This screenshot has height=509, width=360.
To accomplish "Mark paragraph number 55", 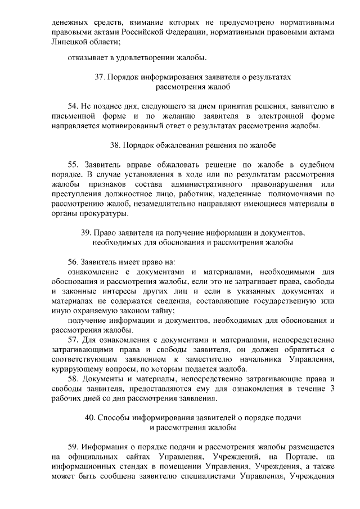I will point(72,165).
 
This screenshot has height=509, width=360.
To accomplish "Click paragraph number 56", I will point(72,262).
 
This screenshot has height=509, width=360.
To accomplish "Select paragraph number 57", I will point(72,340).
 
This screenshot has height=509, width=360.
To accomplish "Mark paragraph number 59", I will point(72,447).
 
